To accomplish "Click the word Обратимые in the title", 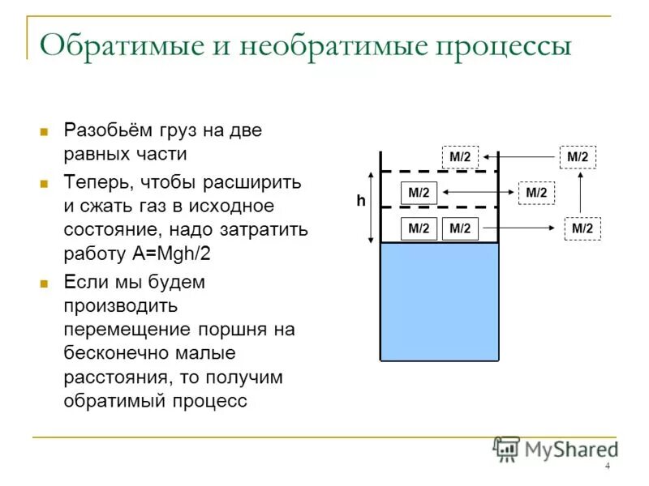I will [110, 45].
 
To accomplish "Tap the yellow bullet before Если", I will [46, 284].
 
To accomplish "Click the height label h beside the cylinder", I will [360, 202].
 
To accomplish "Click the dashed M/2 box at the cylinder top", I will [459, 156].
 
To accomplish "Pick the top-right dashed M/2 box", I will [578, 156].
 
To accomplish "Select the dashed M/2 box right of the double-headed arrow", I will [536, 192].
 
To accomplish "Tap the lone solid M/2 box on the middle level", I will [419, 193].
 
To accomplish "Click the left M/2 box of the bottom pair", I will [419, 228].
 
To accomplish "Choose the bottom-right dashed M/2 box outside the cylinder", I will [582, 228].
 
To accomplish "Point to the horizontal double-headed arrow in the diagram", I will [479, 192].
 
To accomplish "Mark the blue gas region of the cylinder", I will [439, 301].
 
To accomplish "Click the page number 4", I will [607, 467].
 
